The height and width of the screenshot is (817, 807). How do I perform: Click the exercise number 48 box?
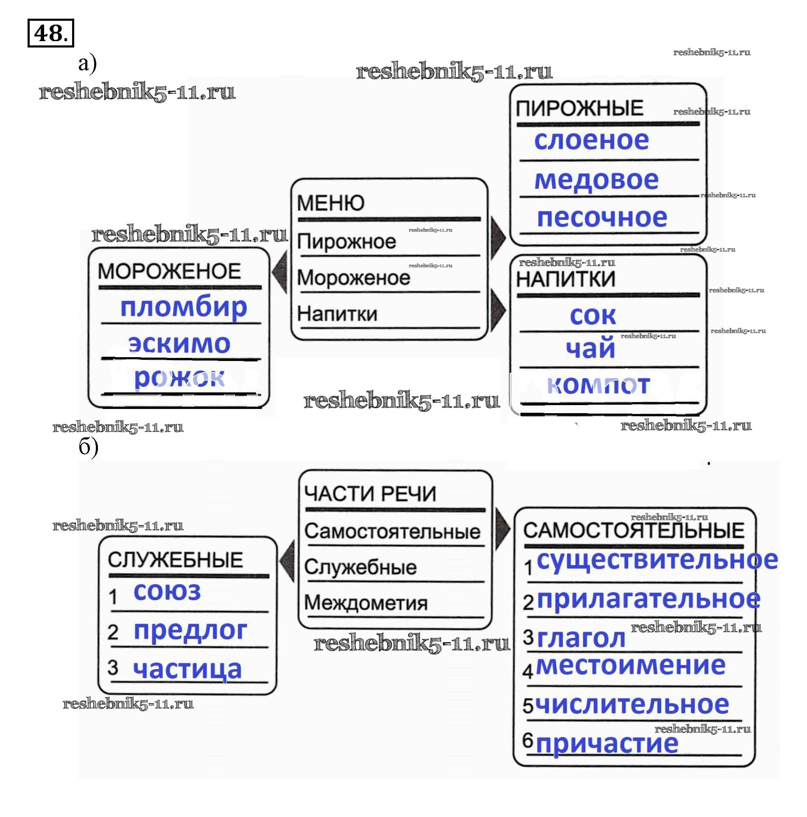50,33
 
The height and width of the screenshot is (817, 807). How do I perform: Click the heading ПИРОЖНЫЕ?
579,109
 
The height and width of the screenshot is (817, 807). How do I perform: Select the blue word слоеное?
591,140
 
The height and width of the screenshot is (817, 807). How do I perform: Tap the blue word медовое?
596,180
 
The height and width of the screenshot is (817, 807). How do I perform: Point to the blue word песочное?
602,218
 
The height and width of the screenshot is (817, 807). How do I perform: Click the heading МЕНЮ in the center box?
330,203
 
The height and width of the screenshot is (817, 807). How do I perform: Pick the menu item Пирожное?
346,242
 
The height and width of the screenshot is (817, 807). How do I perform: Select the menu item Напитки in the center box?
337,314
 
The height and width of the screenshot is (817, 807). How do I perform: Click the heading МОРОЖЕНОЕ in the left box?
169,271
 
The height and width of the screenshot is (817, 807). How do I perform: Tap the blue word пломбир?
183,307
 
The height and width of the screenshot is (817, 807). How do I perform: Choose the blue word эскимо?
179,344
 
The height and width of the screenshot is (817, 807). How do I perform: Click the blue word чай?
590,349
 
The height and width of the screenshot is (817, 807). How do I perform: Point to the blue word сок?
592,316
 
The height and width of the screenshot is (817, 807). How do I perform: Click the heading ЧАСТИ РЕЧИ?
370,494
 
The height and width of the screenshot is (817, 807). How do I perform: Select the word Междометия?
366,603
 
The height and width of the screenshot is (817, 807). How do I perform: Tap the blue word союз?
167,591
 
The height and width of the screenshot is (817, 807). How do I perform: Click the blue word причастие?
607,744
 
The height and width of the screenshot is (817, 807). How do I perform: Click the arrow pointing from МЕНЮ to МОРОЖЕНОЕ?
280,271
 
